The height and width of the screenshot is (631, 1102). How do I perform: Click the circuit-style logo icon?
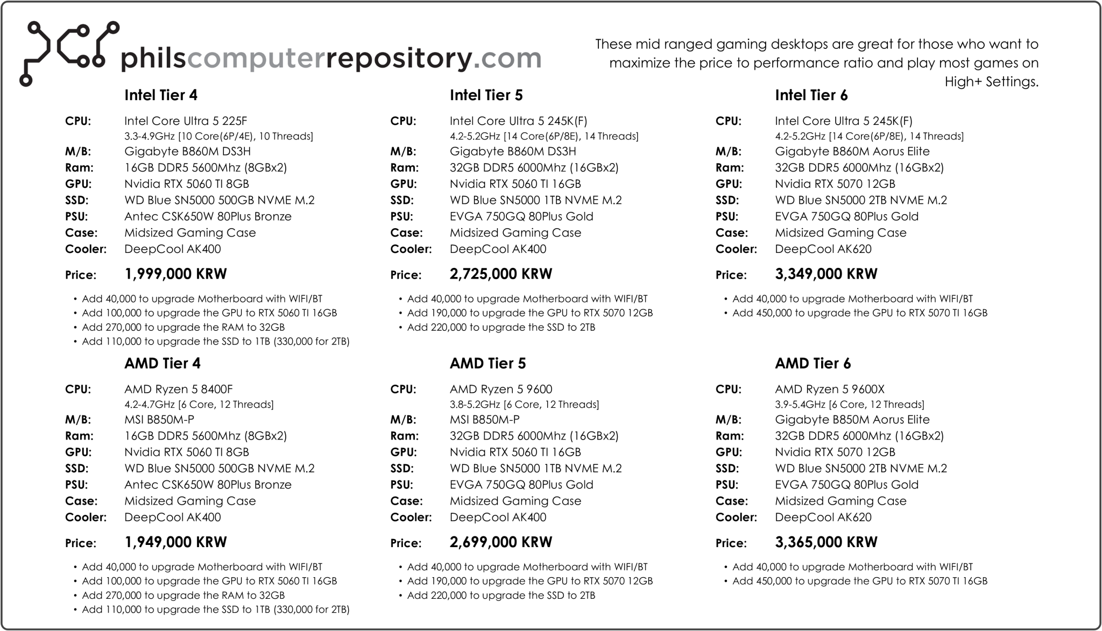69,53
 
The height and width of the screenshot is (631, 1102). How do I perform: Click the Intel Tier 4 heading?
161,95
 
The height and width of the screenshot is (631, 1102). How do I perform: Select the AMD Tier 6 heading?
813,364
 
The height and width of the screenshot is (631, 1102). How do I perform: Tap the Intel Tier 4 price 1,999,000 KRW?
175,274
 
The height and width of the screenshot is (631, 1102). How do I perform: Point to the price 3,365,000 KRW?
826,542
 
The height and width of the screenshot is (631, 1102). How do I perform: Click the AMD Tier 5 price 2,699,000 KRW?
500,542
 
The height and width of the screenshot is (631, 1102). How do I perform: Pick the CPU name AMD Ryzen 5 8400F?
179,389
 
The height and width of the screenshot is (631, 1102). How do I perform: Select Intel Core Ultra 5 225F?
186,121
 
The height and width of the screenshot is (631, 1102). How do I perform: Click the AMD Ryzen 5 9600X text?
830,389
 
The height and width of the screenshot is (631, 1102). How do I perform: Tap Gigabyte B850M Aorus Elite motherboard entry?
852,420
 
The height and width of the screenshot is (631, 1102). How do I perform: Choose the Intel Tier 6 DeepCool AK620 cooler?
823,249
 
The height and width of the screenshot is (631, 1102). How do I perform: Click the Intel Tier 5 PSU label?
401,217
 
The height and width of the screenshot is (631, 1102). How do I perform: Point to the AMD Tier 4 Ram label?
79,436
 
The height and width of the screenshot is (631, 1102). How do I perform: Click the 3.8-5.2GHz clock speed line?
524,405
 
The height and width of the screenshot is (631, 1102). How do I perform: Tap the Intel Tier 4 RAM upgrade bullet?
183,327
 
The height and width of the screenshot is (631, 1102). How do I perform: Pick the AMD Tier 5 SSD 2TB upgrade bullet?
500,595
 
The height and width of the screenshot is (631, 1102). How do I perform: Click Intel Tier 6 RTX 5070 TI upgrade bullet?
859,313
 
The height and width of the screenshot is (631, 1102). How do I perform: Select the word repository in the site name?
399,58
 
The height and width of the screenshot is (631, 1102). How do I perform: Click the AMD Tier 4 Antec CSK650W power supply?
208,485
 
